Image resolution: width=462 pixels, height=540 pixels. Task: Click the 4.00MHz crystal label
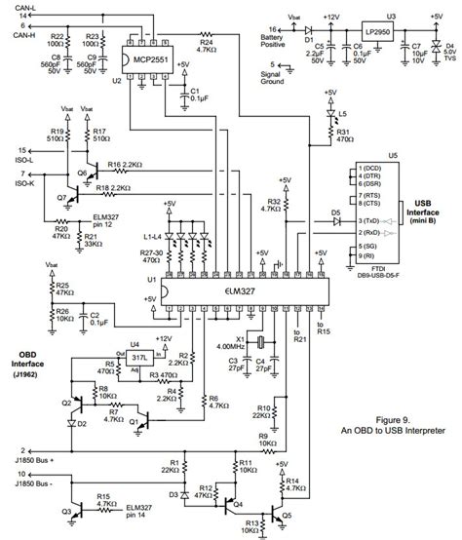[230, 346]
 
